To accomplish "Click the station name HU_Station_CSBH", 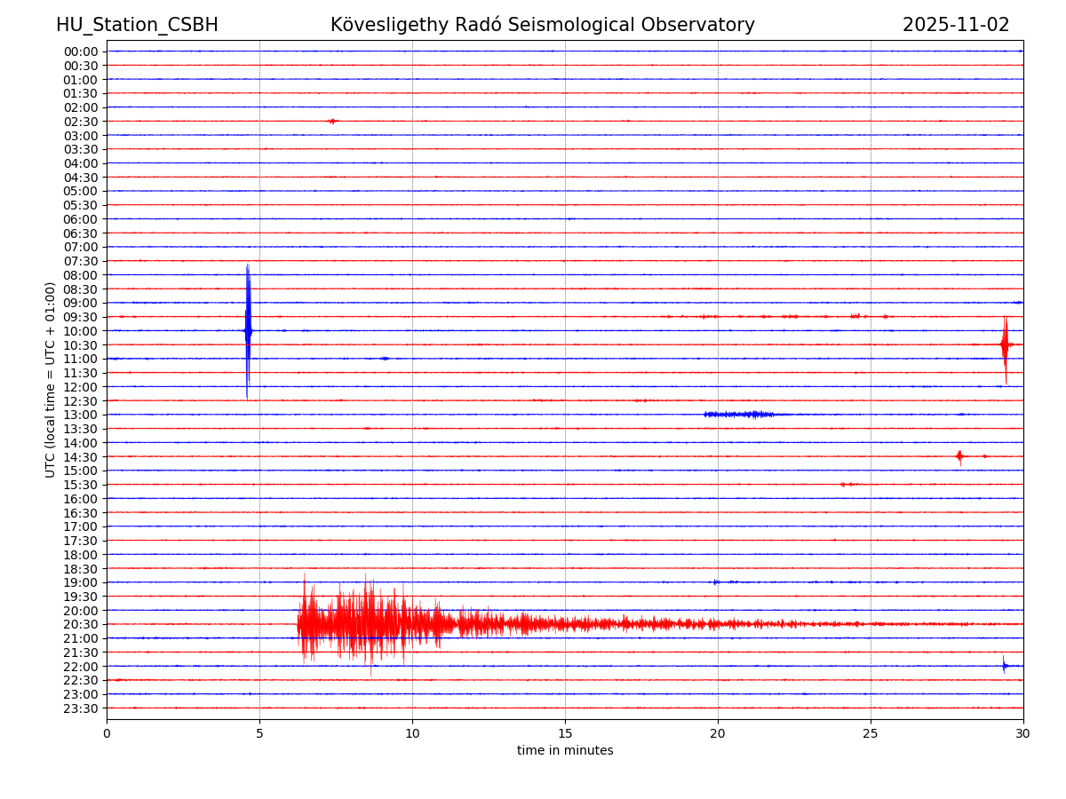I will (x=137, y=26).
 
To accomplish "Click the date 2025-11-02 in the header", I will (x=956, y=26).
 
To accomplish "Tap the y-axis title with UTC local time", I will (x=51, y=379).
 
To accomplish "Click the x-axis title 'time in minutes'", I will (x=565, y=751).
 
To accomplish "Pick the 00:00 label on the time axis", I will (x=81, y=51).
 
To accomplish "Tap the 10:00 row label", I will (x=81, y=331).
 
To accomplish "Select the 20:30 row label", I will (x=81, y=625).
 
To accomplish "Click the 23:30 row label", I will (x=81, y=708).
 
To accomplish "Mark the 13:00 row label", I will (x=81, y=415).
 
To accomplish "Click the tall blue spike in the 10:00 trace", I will (x=248, y=330).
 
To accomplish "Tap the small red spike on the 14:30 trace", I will (x=959, y=456).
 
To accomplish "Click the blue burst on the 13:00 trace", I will (x=739, y=415).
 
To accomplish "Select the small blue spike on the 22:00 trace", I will (x=1005, y=666).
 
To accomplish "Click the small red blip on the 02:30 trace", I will (x=332, y=121).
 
